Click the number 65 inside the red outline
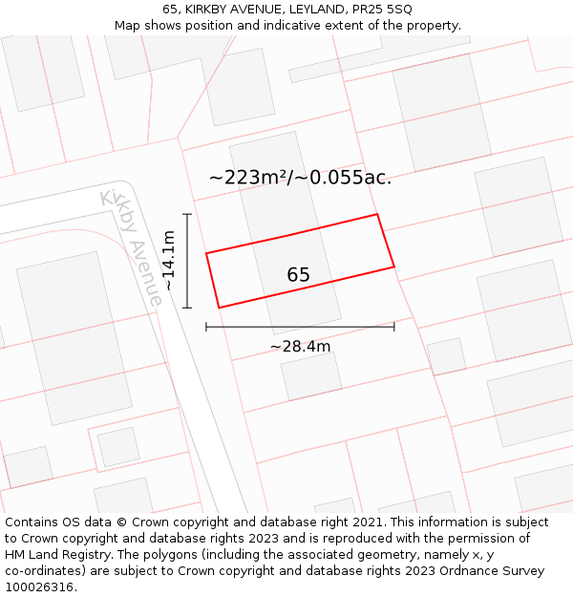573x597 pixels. (298, 275)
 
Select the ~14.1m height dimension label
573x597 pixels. (169, 260)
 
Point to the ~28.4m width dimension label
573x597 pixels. (300, 346)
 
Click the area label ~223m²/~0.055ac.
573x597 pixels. (300, 177)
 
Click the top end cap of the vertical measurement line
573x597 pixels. (187, 214)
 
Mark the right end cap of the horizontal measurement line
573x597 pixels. (393, 327)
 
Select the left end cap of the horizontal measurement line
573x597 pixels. (206, 327)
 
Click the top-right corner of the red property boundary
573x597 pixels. (378, 214)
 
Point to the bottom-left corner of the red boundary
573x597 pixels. (219, 308)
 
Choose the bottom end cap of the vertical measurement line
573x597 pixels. (187, 308)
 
